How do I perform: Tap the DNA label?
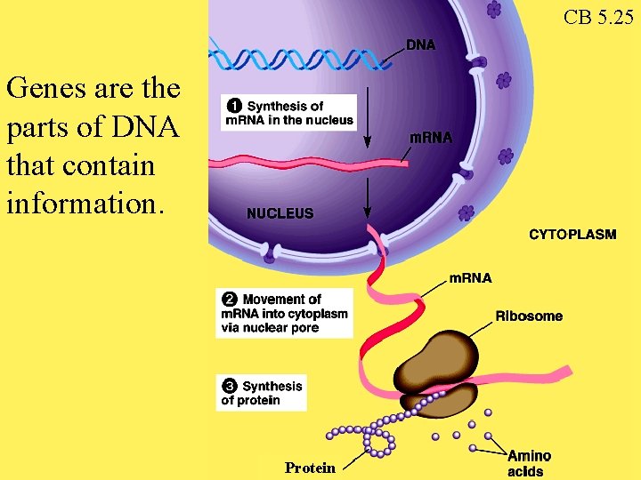421,44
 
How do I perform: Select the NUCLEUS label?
280,213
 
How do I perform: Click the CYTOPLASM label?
572,235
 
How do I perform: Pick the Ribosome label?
529,316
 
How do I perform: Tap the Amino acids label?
529,464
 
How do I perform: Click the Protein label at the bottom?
310,468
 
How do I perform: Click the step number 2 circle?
230,300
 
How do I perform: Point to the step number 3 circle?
230,386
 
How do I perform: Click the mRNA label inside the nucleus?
430,138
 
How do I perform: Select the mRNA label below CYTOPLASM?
469,278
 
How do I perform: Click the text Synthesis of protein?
264,393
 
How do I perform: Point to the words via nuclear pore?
270,328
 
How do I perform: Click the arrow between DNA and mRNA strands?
368,124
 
